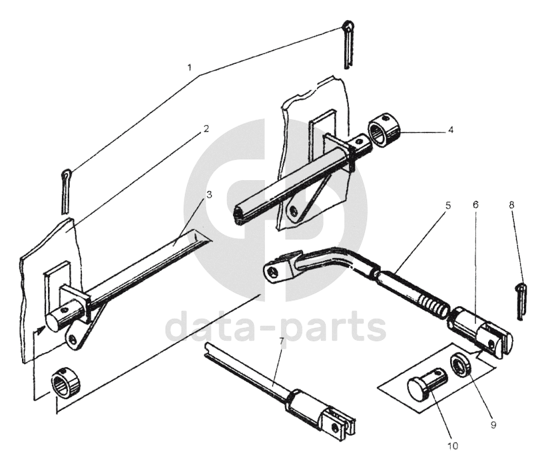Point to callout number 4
(x=450, y=130)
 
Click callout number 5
(x=447, y=206)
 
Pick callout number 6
(x=475, y=205)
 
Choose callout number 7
(x=282, y=341)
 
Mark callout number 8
(x=511, y=205)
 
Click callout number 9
(x=493, y=424)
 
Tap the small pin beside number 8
(x=520, y=297)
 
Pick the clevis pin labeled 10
(x=427, y=385)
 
